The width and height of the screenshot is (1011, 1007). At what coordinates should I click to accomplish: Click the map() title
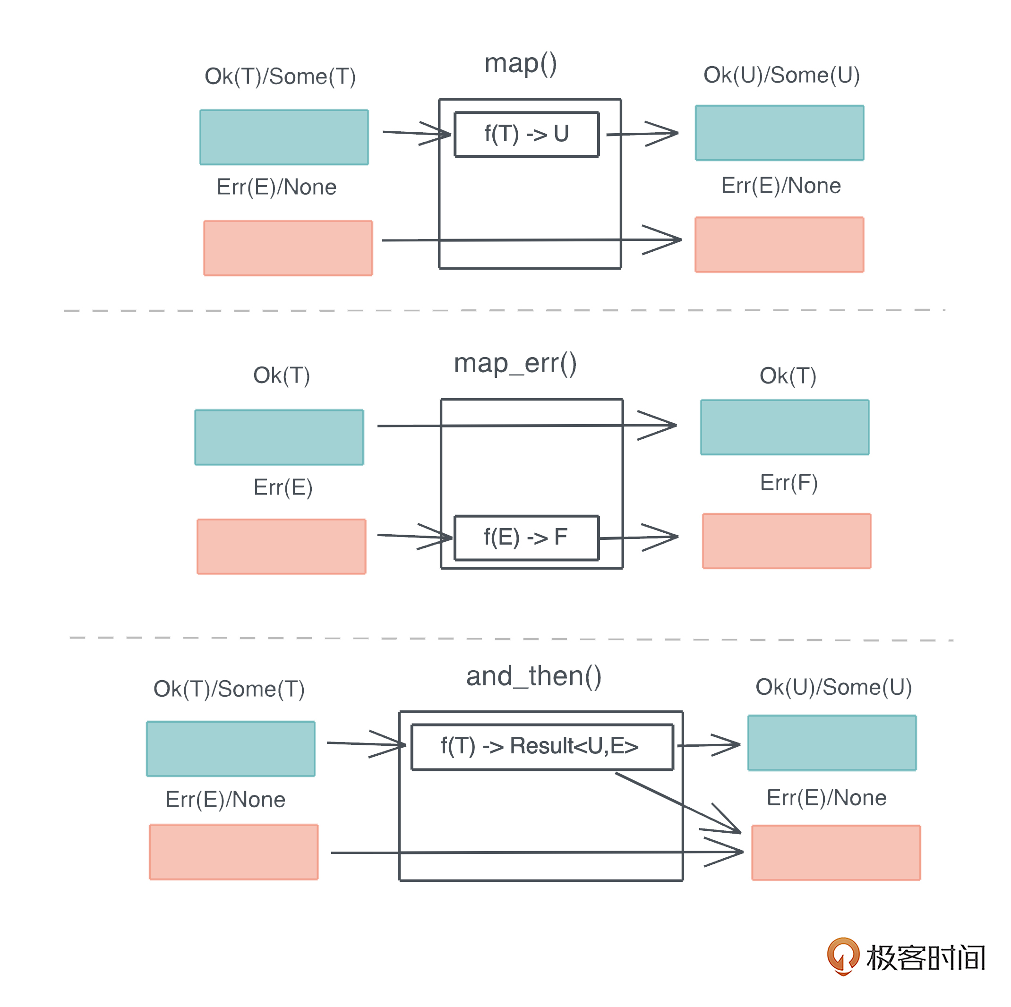520,64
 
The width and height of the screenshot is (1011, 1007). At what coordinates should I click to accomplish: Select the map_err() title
515,364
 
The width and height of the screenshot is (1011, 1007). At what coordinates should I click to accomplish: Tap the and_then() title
533,676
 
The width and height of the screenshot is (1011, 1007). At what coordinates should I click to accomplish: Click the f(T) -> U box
526,134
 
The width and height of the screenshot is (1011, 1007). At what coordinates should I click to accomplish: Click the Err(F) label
788,482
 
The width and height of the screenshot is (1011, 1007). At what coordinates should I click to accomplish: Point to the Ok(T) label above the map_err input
281,375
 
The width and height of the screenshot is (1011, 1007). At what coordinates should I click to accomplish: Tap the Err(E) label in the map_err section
283,487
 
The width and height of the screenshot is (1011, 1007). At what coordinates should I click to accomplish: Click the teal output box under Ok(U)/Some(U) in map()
779,133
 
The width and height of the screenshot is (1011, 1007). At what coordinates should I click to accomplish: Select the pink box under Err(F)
787,541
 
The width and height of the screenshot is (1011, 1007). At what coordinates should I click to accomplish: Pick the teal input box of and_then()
230,749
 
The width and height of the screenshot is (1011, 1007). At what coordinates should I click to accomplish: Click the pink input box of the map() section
288,248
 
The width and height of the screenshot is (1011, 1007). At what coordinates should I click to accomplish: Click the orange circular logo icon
842,955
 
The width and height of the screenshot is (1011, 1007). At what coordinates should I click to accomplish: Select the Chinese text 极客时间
925,958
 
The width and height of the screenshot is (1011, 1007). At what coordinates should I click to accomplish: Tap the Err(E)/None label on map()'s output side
781,186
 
